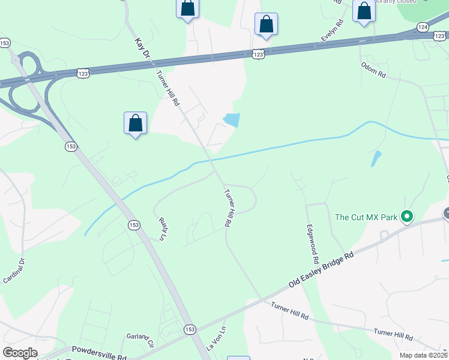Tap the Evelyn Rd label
[331, 31]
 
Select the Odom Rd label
[373, 70]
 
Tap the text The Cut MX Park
[366, 217]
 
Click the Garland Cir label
[140, 340]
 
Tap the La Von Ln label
[217, 339]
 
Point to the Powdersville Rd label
[100, 351]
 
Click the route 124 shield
[423, 27]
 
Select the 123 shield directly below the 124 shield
[439, 36]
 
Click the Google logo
[20, 353]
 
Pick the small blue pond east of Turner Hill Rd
[232, 120]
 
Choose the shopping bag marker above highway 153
[136, 123]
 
